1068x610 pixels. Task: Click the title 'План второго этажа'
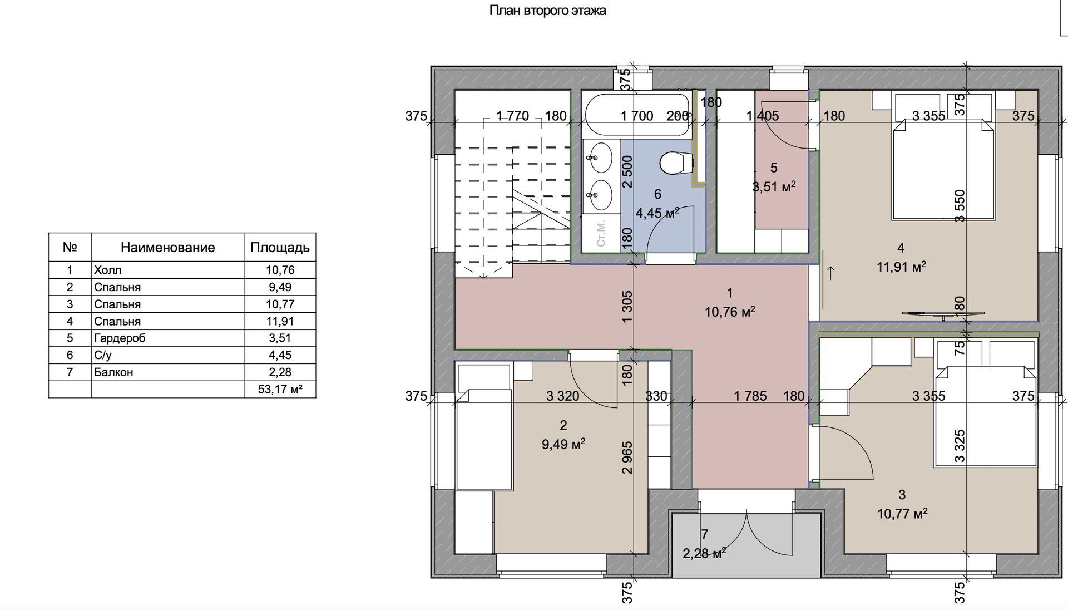(547, 11)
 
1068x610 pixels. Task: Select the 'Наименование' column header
(167, 248)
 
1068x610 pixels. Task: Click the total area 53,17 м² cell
(280, 389)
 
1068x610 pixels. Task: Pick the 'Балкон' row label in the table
(113, 372)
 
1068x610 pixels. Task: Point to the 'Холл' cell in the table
(107, 270)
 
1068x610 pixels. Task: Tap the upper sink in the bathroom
(600, 158)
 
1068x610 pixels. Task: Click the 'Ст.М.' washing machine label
(601, 234)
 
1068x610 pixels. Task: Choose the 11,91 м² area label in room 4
(901, 267)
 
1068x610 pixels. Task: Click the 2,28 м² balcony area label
(704, 553)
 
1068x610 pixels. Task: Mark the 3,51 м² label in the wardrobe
(774, 187)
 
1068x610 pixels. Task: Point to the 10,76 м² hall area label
(730, 312)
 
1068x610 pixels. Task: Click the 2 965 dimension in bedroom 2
(627, 457)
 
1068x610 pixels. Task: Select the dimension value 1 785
(750, 396)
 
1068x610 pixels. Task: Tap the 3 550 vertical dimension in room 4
(960, 206)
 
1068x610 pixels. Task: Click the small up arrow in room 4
(831, 273)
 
